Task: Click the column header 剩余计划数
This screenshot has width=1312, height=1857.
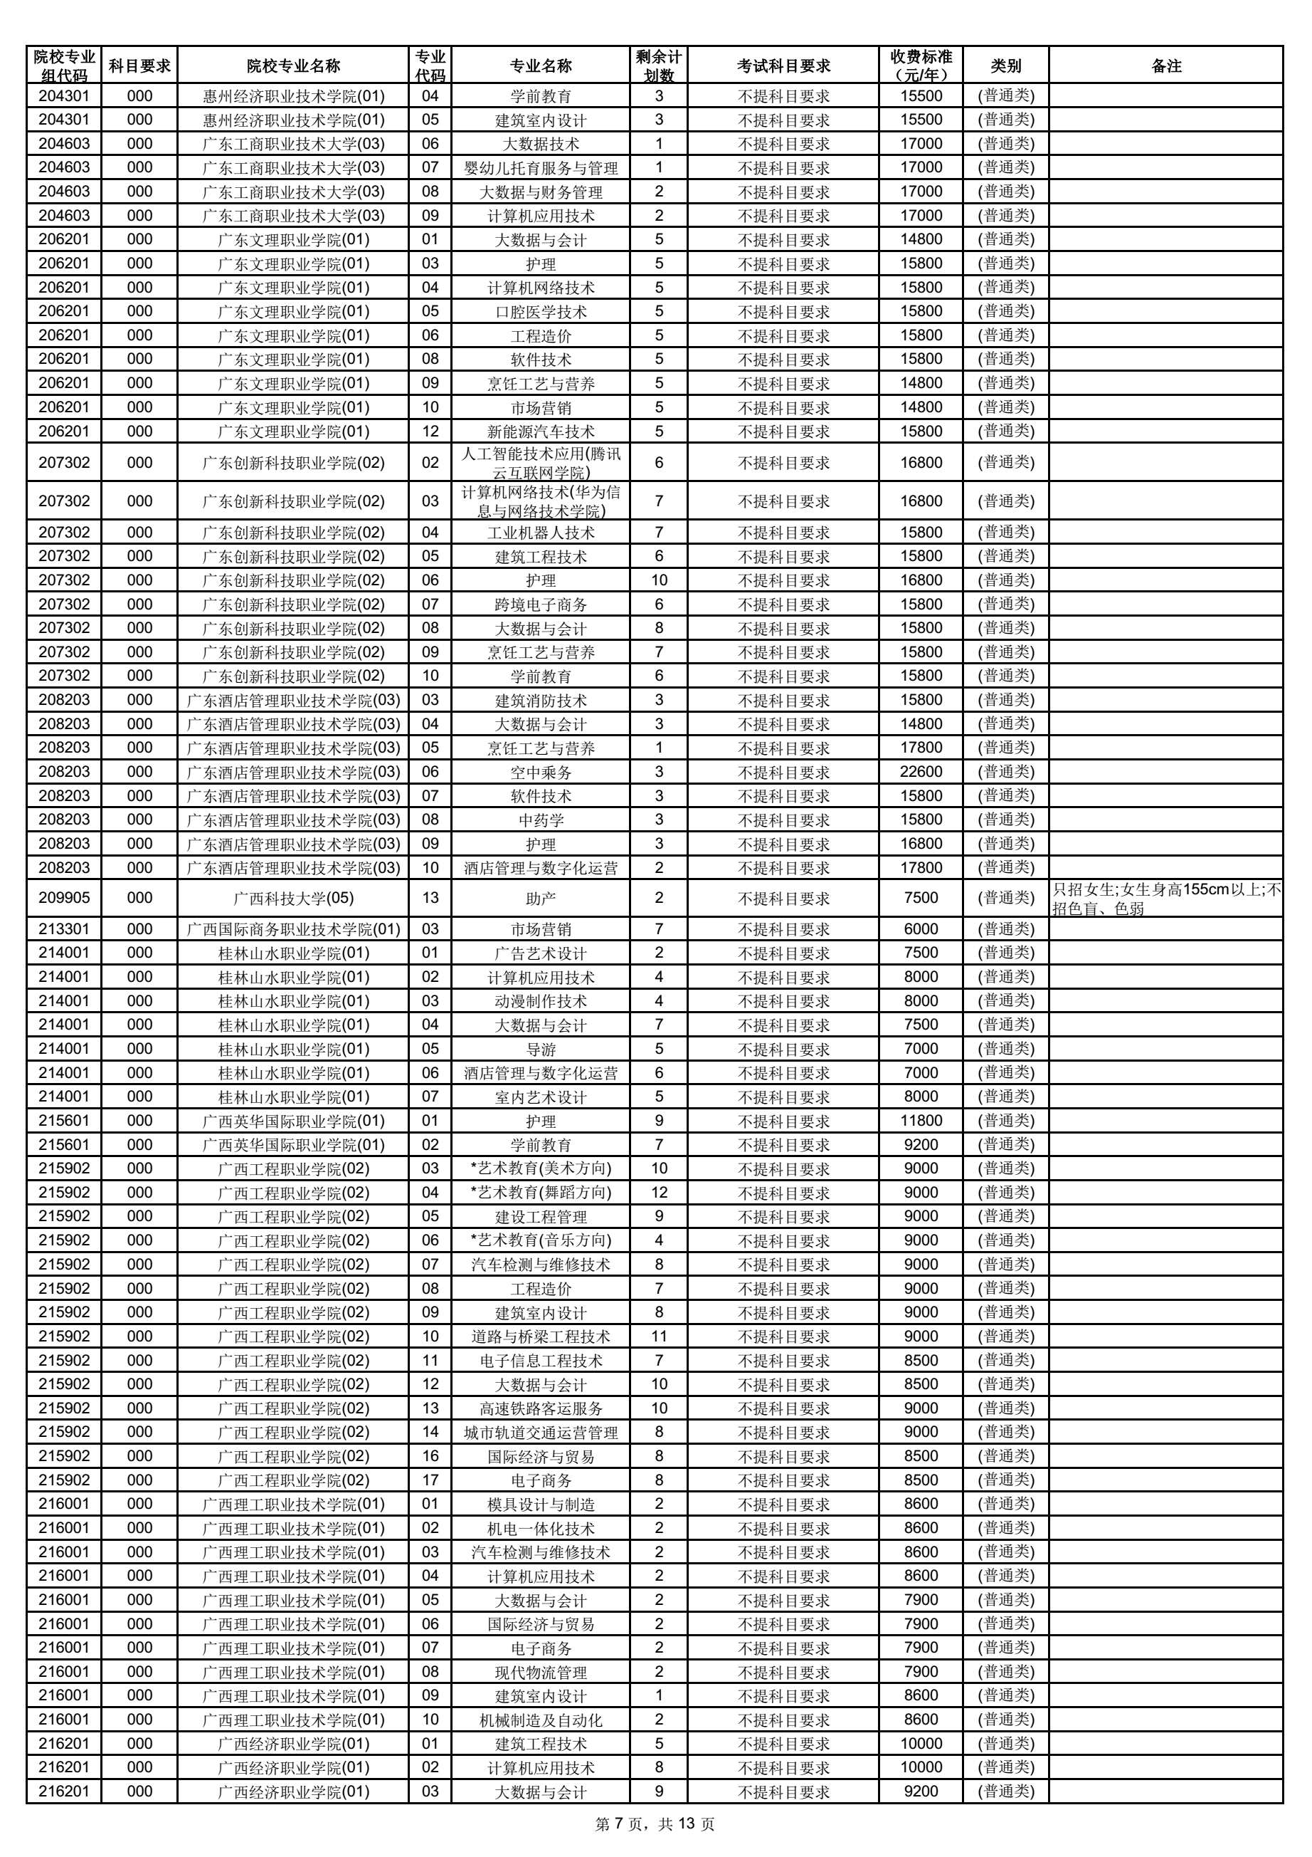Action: (x=658, y=66)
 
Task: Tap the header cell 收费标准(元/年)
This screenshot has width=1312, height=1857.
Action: (x=921, y=66)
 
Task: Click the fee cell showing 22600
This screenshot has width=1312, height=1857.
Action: (x=921, y=772)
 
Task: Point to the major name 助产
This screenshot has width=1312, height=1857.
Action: (x=540, y=898)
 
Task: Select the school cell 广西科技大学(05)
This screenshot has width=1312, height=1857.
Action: (x=293, y=898)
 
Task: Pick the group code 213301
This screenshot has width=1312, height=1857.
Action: (x=64, y=928)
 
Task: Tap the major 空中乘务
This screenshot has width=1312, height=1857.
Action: (x=540, y=772)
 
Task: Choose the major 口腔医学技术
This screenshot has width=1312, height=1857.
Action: (x=540, y=311)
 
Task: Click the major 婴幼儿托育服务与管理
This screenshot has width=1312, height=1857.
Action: (x=540, y=167)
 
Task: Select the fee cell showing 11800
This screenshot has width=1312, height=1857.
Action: (x=921, y=1120)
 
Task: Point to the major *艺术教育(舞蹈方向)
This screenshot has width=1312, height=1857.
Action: (x=540, y=1192)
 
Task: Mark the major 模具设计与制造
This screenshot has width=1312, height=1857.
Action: (x=540, y=1504)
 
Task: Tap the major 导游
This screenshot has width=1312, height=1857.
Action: (x=540, y=1048)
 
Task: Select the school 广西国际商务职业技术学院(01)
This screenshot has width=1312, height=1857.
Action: (x=293, y=928)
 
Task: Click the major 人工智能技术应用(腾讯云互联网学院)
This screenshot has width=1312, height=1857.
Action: (x=540, y=463)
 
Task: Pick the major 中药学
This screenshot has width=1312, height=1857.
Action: (x=540, y=820)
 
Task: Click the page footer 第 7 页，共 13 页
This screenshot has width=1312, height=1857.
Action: (x=655, y=1823)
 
